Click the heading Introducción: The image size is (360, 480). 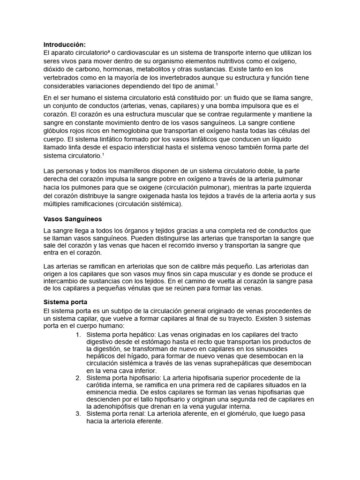coord(65,44)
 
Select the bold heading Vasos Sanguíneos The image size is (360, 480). coord(72,219)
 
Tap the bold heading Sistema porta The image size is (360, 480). coord(65,302)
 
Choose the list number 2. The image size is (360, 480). coord(78,377)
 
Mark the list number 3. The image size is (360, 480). coord(78,413)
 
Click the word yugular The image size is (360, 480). coord(205,406)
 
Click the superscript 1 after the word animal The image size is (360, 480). coord(216,84)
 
